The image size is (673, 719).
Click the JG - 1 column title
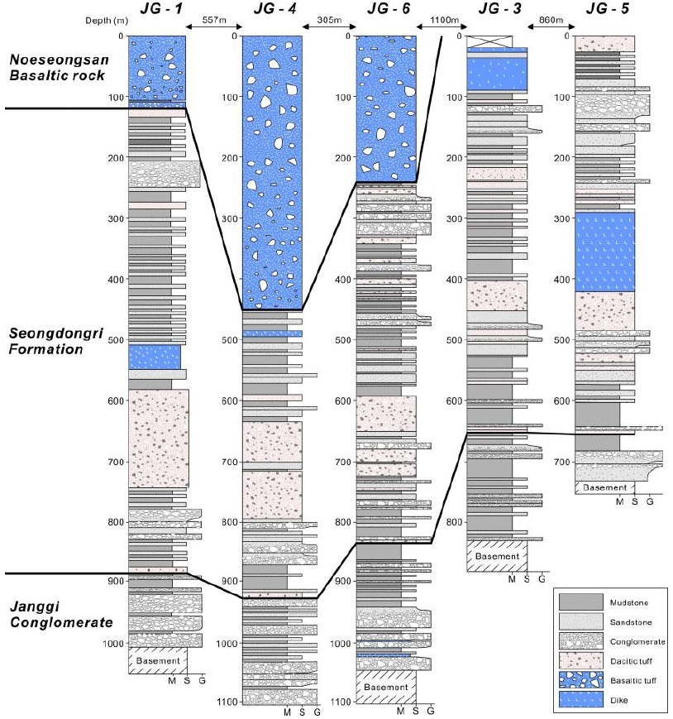160,9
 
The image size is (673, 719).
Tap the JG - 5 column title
608,9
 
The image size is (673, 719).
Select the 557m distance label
214,20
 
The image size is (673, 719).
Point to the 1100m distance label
444,20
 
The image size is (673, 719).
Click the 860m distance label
551,20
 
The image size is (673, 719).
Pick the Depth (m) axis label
107,21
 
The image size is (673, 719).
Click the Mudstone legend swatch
581,602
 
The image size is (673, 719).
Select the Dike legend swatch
581,700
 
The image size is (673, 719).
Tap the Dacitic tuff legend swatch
581,661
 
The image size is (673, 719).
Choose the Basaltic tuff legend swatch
581,680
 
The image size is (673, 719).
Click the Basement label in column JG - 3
497,556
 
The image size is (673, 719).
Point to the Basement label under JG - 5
604,488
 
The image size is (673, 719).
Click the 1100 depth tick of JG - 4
227,702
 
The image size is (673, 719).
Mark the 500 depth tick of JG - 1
116,340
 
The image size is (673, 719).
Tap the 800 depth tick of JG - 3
455,522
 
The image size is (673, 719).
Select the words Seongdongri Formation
56,341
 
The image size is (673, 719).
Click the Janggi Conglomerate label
61,615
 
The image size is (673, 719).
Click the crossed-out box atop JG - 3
489,41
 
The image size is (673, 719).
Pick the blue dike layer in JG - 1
155,357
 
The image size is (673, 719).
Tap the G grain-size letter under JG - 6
431,712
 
